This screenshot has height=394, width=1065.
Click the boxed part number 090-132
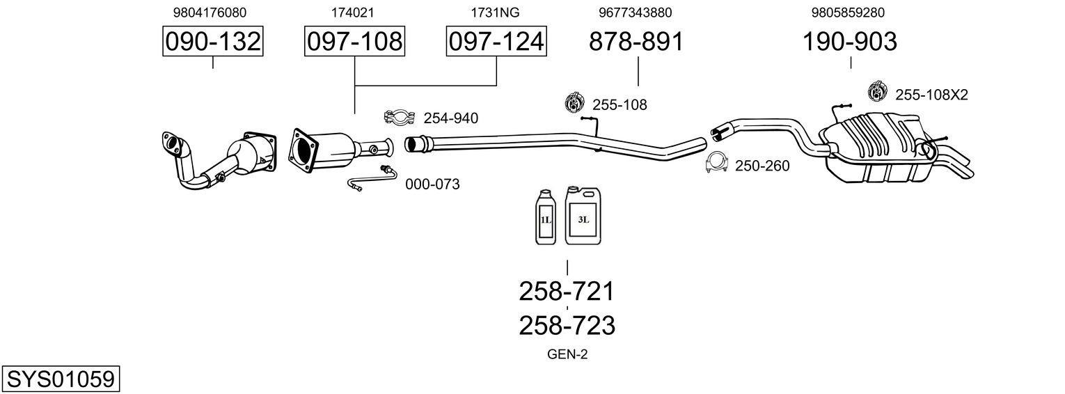pyautogui.click(x=212, y=41)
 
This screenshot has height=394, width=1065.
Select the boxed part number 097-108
pyautogui.click(x=354, y=41)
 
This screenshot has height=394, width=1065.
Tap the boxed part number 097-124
pyautogui.click(x=496, y=41)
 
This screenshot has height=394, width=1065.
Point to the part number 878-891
pyautogui.click(x=636, y=41)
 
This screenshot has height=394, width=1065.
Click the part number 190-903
pyautogui.click(x=850, y=41)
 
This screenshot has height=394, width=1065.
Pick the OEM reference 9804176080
pyautogui.click(x=210, y=13)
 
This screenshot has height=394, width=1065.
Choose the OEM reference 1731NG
pyautogui.click(x=495, y=13)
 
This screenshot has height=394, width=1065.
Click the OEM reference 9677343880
pyautogui.click(x=636, y=13)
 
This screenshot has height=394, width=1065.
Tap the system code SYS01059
pyautogui.click(x=61, y=379)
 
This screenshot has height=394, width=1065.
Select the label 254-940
pyautogui.click(x=451, y=118)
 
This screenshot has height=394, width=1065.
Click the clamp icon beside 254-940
pyautogui.click(x=399, y=117)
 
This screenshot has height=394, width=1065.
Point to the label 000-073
pyautogui.click(x=432, y=184)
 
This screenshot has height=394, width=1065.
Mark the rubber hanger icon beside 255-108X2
pyautogui.click(x=878, y=92)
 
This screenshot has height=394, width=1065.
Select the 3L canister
pyautogui.click(x=583, y=216)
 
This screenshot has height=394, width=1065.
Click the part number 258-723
pyautogui.click(x=567, y=326)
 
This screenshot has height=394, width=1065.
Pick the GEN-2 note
pyautogui.click(x=567, y=354)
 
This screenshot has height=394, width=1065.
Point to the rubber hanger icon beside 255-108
pyautogui.click(x=574, y=102)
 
